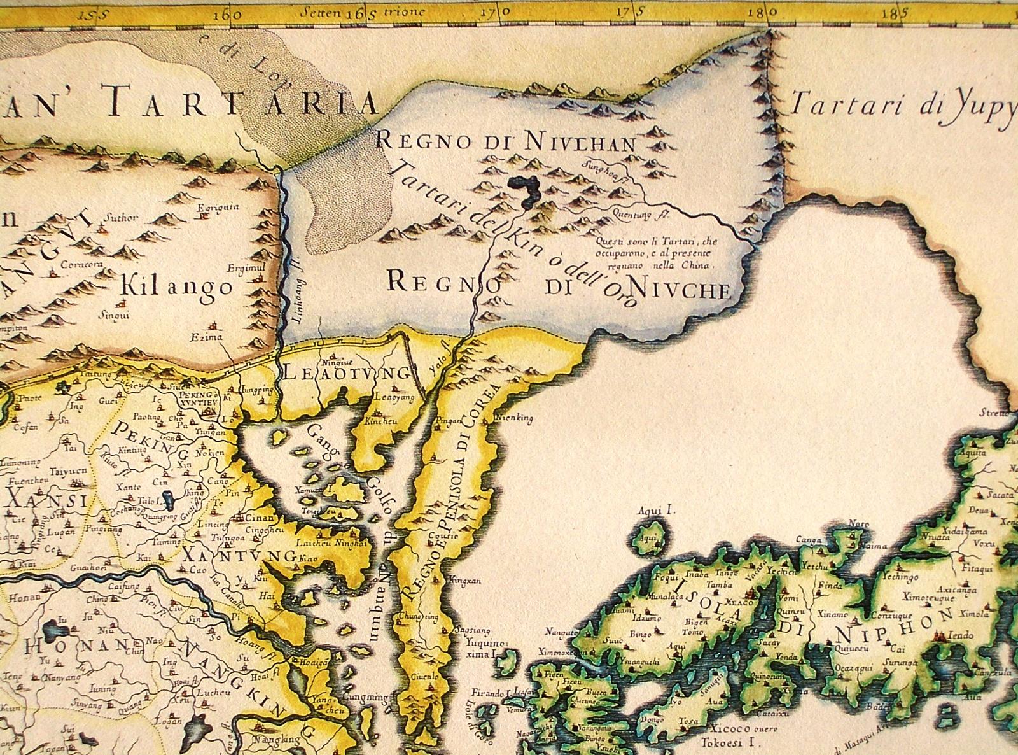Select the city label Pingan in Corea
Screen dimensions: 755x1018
click(444, 421)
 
